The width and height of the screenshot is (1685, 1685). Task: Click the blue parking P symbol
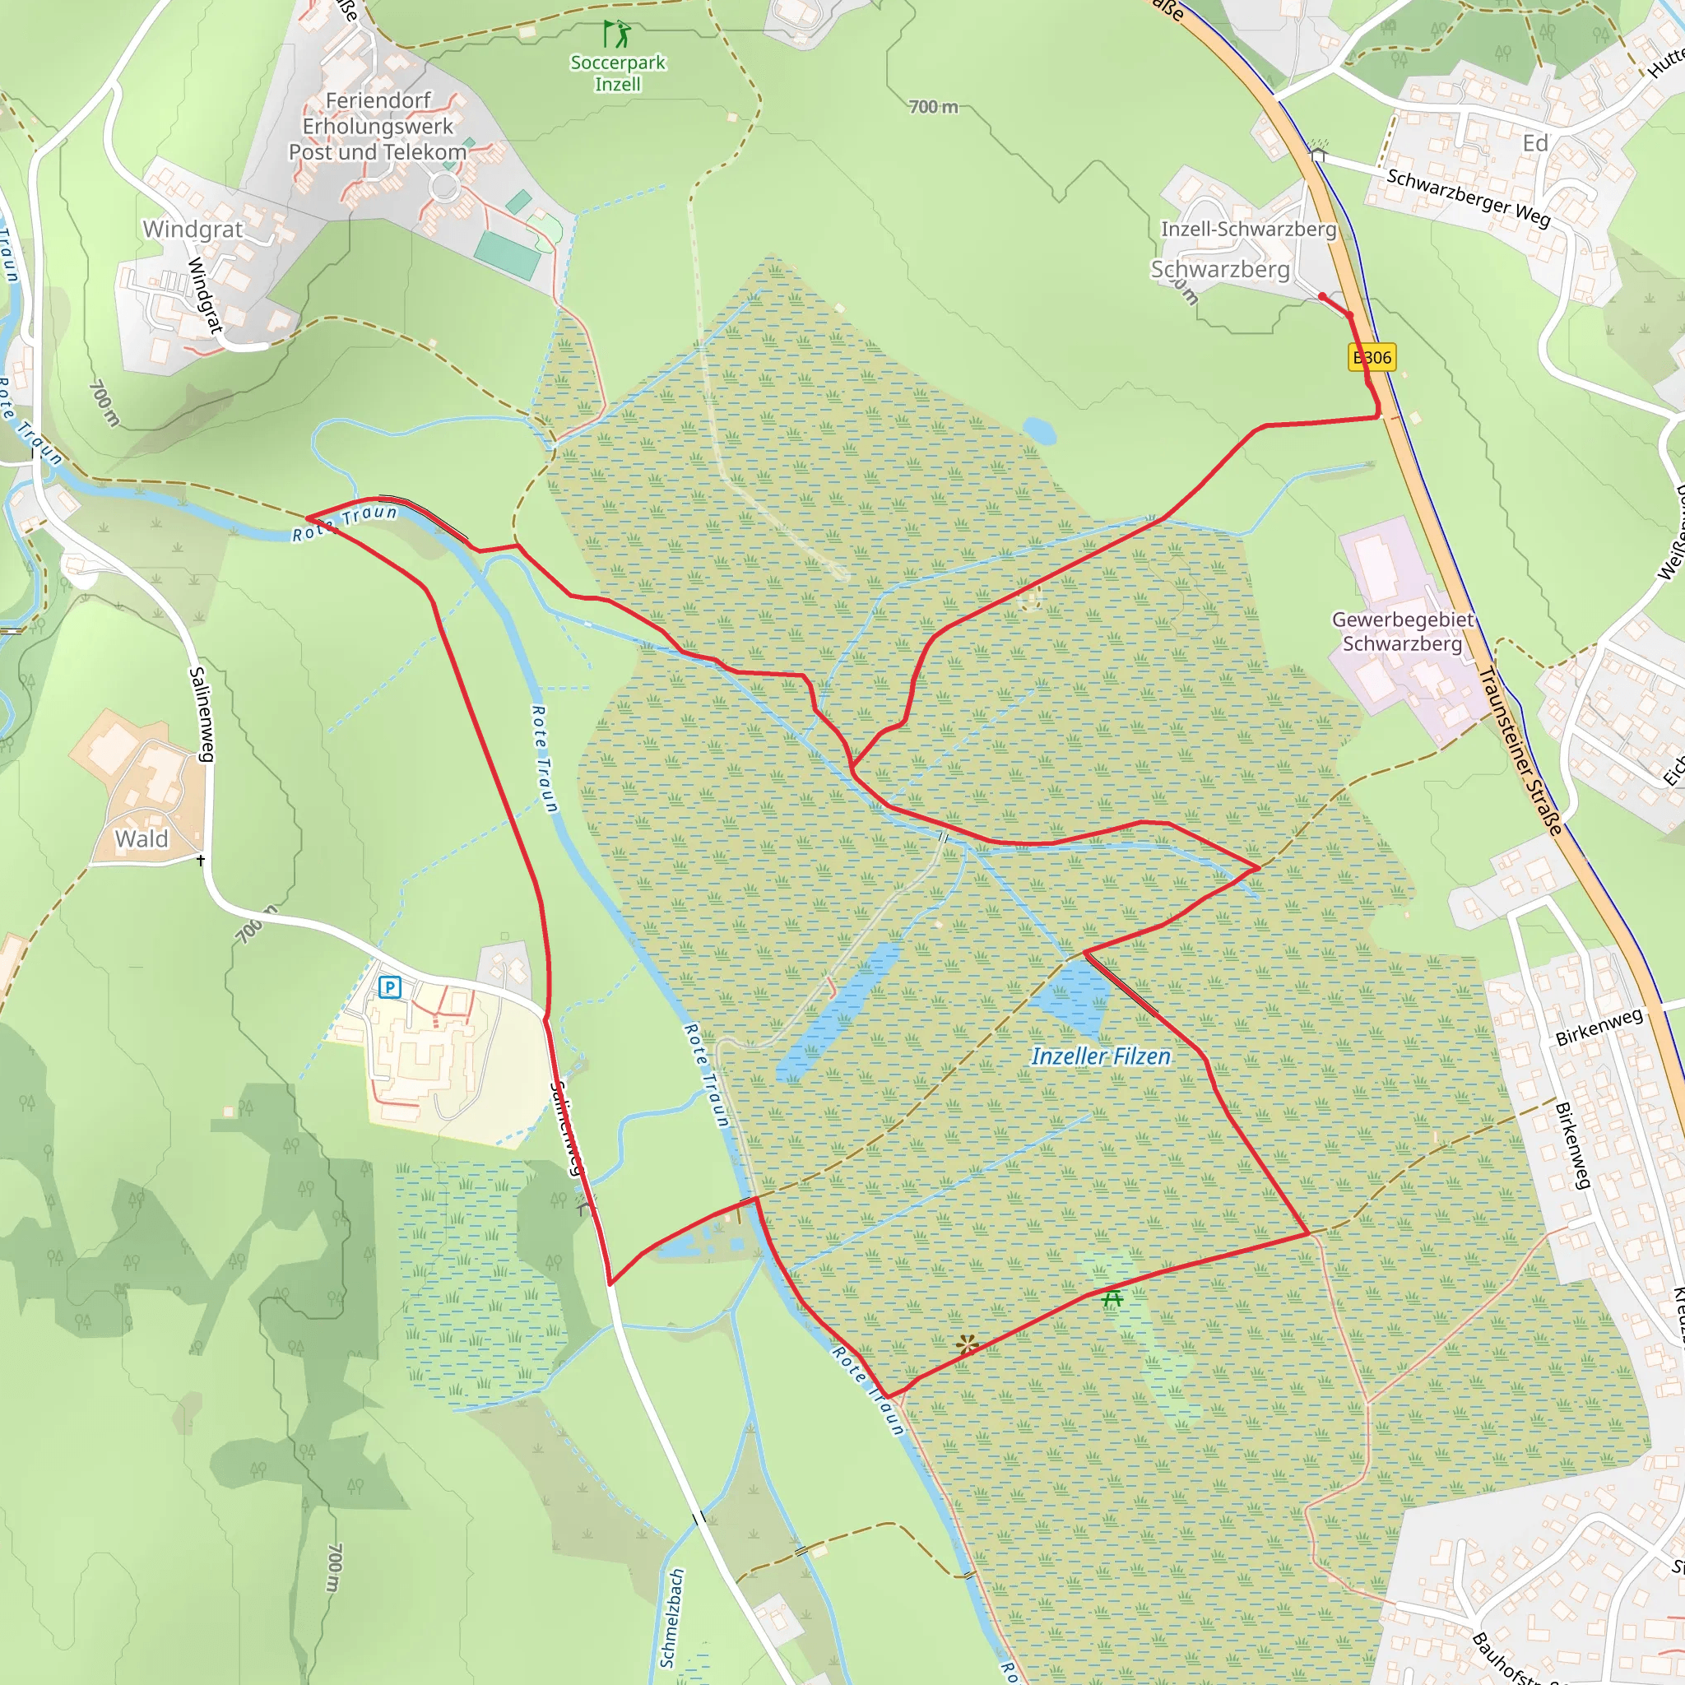390,987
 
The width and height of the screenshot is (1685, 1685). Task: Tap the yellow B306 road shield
1372,357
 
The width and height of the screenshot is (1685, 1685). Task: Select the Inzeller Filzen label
1101,1056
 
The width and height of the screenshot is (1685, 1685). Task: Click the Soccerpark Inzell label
618,73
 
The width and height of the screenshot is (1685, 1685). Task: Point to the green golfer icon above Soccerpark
618,34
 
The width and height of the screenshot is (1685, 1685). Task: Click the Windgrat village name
193,230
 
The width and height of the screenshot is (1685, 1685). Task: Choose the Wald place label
142,839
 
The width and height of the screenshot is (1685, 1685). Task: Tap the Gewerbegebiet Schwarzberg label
1403,631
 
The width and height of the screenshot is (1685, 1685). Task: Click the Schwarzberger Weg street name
1469,197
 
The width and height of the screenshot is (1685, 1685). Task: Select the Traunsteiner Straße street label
1520,750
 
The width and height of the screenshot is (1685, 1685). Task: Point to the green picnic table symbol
1111,1298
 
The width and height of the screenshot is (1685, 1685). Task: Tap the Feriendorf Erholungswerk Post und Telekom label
378,127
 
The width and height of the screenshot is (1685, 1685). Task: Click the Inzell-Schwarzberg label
1248,230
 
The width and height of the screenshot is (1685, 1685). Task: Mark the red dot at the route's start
1322,296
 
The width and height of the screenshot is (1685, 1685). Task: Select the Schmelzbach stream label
672,1618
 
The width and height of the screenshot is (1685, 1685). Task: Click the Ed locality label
1535,143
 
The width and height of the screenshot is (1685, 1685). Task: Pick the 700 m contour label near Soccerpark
933,107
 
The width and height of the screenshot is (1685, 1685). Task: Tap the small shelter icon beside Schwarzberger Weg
1318,154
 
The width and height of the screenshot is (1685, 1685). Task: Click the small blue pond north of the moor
1039,430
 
